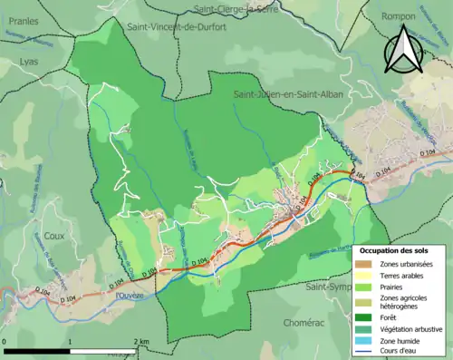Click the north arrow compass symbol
404,50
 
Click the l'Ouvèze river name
130,295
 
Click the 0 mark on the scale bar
5,341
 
